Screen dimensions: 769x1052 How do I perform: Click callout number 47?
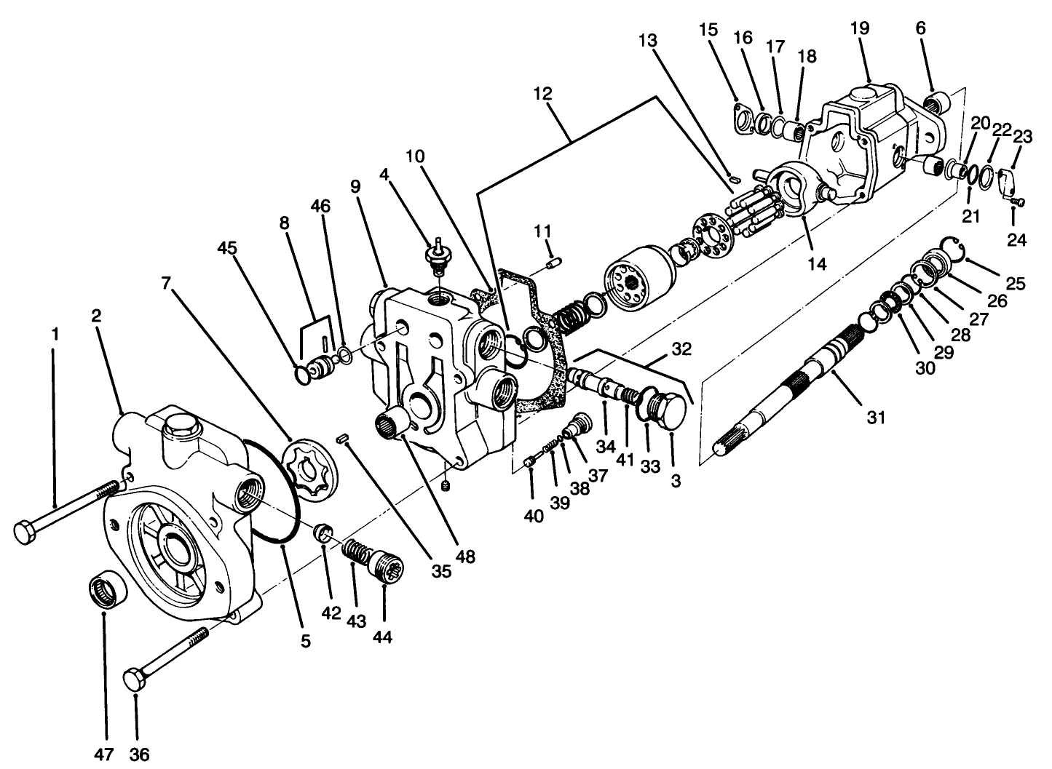pyautogui.click(x=106, y=754)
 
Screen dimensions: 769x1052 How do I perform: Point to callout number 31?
pyautogui.click(x=877, y=417)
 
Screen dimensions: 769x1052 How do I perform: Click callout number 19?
pyautogui.click(x=859, y=28)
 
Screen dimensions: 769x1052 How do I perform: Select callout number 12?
pyautogui.click(x=542, y=93)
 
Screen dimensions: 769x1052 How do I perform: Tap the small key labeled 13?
pyautogui.click(x=735, y=175)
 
